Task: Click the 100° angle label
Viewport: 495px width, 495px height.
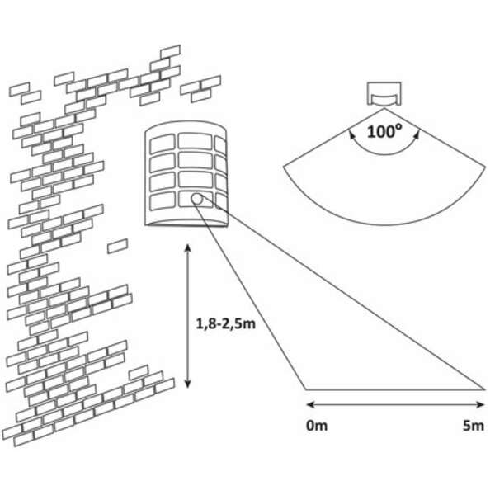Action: (x=385, y=131)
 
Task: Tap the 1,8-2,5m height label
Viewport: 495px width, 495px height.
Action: (x=225, y=323)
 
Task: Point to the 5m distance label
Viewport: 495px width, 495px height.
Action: (x=473, y=426)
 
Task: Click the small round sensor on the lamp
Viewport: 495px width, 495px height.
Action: (x=198, y=199)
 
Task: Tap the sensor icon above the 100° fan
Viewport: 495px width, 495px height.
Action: (x=385, y=95)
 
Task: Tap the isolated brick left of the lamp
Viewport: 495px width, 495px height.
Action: (x=118, y=246)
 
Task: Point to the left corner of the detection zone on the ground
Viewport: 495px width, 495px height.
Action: (x=305, y=388)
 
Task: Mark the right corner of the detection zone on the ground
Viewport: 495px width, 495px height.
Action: (x=484, y=387)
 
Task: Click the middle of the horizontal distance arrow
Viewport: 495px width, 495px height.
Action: (x=395, y=404)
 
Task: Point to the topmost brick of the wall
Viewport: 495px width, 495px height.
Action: (x=171, y=51)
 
